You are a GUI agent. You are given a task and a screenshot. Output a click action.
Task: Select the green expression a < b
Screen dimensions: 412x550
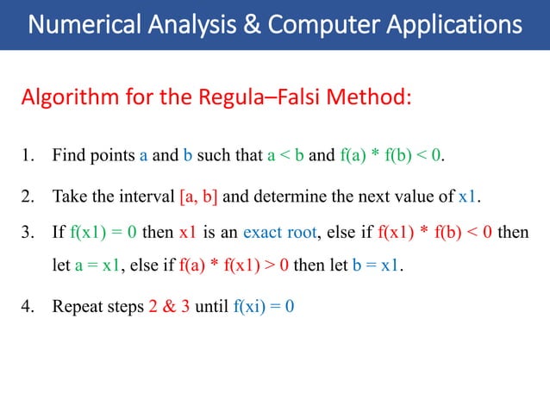click(x=284, y=156)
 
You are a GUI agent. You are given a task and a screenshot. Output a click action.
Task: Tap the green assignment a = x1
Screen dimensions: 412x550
click(x=97, y=265)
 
